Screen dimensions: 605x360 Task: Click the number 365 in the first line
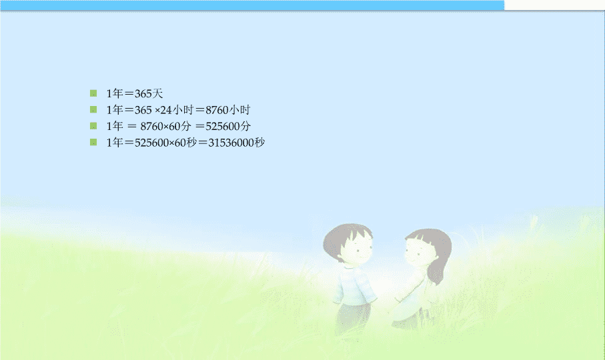(143, 93)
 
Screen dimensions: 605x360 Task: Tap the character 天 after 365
(158, 93)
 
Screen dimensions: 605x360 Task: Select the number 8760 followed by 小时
(217, 110)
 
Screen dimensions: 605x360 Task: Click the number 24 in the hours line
(166, 110)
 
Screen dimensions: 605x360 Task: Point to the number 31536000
(231, 143)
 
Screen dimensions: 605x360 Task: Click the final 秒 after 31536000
(259, 143)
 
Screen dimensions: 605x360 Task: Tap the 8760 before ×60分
(151, 127)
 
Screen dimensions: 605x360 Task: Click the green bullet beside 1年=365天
(93, 93)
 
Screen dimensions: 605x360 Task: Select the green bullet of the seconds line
(93, 142)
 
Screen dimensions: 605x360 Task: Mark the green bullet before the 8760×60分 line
(93, 125)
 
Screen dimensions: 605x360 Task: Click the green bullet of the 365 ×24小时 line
(93, 109)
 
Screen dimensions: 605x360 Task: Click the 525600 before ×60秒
(151, 143)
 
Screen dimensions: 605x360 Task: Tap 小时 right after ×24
(183, 110)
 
